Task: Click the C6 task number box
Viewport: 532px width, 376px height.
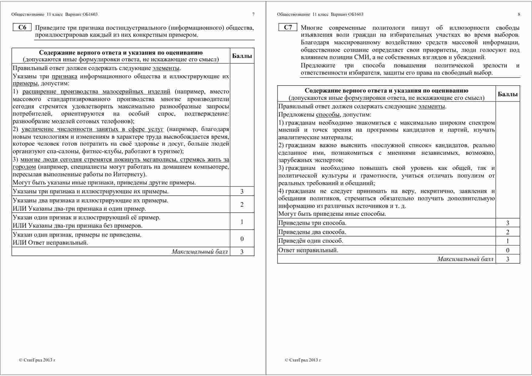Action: [x=22, y=28]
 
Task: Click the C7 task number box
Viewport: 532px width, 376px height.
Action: [x=288, y=28]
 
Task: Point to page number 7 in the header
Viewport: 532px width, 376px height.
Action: [x=253, y=14]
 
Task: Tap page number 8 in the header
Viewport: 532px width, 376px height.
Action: [x=519, y=14]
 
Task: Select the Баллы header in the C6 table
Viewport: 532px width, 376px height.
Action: [x=242, y=56]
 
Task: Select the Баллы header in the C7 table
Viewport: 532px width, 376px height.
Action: [x=507, y=94]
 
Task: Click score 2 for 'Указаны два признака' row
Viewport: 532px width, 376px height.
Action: [x=242, y=205]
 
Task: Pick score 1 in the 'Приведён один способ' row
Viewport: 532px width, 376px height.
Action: [x=507, y=241]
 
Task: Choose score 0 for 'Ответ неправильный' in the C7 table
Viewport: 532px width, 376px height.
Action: [x=507, y=250]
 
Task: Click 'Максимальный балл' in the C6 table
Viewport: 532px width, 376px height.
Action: [x=200, y=252]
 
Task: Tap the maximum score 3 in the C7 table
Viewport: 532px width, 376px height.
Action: [x=507, y=259]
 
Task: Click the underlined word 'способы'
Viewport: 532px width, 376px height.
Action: [x=328, y=115]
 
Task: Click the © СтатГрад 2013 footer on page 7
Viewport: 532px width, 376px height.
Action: [x=37, y=360]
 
